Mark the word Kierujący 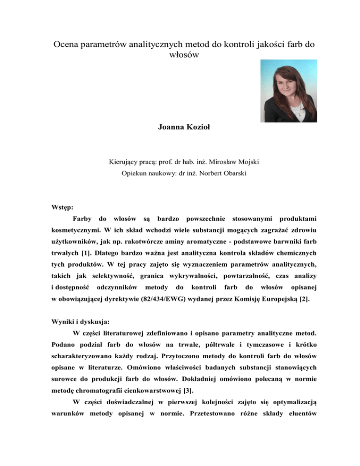pyautogui.click(x=123, y=175)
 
